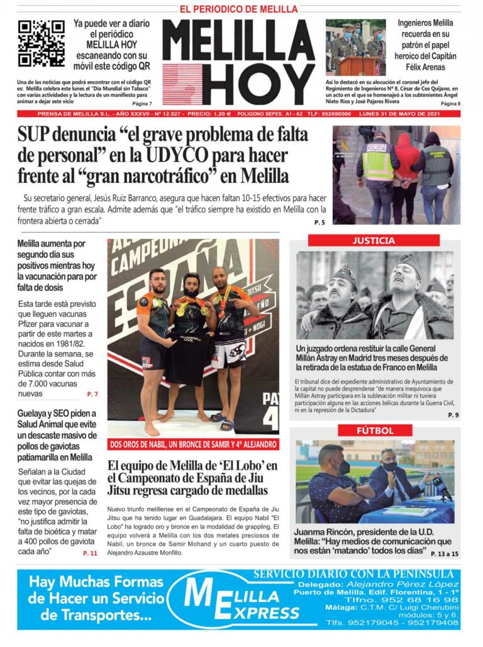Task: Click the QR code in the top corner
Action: point(42,43)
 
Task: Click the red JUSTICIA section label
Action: point(374,241)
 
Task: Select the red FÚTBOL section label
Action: point(375,431)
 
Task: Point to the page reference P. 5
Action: point(319,223)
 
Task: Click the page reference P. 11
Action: point(90,553)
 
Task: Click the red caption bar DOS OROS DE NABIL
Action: point(192,444)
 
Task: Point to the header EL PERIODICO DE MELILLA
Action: point(238,9)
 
